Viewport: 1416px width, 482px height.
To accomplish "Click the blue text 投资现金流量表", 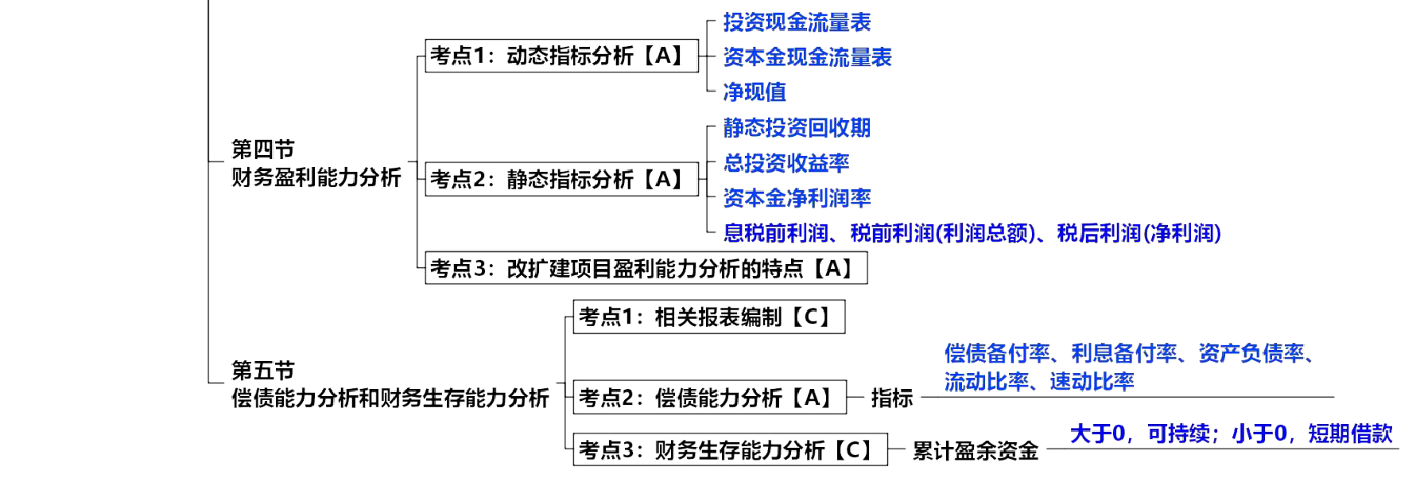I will (797, 22).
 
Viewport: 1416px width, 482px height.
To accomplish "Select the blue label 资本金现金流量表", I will (807, 57).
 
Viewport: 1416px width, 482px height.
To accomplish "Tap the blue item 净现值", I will (754, 92).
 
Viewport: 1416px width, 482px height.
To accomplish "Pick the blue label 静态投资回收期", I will (797, 128).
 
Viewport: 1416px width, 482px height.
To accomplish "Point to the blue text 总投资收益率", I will (786, 163).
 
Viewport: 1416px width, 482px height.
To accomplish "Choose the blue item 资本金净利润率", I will (797, 198).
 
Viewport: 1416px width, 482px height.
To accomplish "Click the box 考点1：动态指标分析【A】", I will (561, 56).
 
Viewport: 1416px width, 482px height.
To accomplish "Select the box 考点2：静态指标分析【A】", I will (561, 178).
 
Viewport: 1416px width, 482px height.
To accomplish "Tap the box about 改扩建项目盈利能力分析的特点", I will (646, 268).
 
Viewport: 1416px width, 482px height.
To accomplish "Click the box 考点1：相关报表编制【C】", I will (708, 317).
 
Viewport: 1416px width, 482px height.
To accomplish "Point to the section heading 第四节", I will (262, 149).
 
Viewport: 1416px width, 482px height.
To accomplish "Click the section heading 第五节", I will (262, 370).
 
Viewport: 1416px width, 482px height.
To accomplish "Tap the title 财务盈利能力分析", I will (316, 177).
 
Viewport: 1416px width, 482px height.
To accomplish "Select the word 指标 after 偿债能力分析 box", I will (892, 398).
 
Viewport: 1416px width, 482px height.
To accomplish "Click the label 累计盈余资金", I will (975, 451).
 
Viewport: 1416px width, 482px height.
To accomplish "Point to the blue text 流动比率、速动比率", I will (1038, 382).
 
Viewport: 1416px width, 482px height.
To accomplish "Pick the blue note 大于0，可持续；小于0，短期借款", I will (1232, 434).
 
